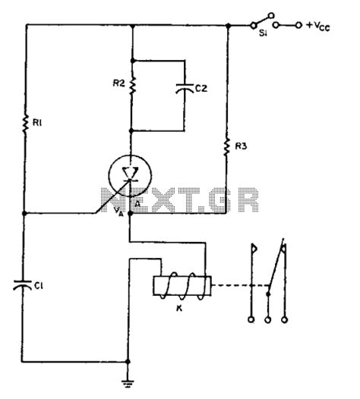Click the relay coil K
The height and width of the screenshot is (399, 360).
182,287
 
